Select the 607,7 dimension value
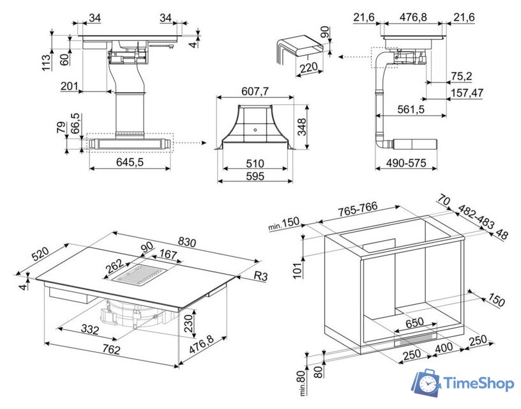point(255,91)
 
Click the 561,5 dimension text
point(411,110)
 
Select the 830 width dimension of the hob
point(186,242)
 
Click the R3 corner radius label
point(260,276)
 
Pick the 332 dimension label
point(89,330)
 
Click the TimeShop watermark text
point(478,383)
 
